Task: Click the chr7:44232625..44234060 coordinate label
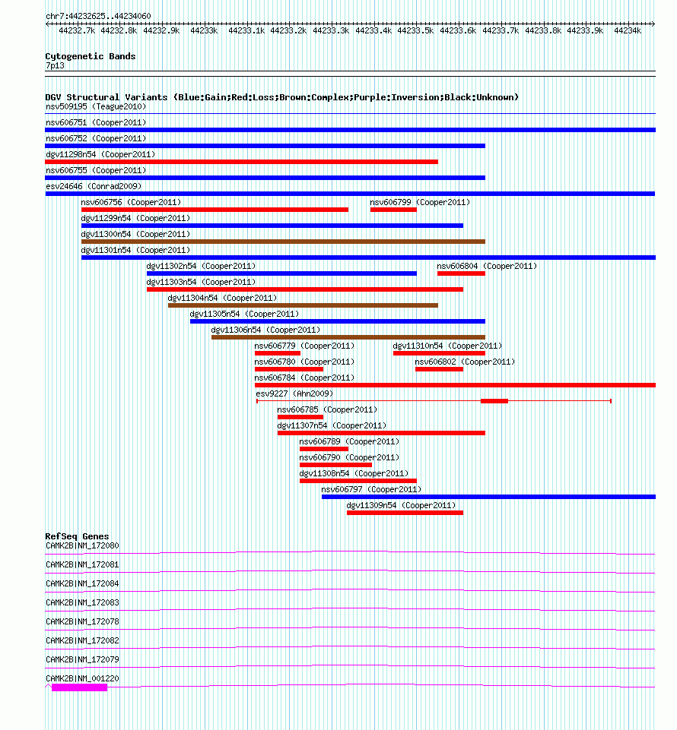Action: pyautogui.click(x=98, y=16)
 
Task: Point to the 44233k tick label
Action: pyautogui.click(x=204, y=31)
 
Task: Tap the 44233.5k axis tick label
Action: pyautogui.click(x=415, y=31)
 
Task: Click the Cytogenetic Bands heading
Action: pyautogui.click(x=91, y=56)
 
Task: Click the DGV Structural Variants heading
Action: pyautogui.click(x=281, y=97)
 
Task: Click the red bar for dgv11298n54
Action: pyautogui.click(x=241, y=162)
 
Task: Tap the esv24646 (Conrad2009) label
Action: pyautogui.click(x=94, y=186)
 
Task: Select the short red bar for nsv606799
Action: pyautogui.click(x=393, y=210)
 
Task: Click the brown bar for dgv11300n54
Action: pyautogui.click(x=283, y=242)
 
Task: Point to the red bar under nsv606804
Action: pyautogui.click(x=461, y=273)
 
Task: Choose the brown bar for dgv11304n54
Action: pyautogui.click(x=303, y=305)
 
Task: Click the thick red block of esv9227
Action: pyautogui.click(x=494, y=400)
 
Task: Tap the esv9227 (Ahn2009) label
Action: pyautogui.click(x=294, y=393)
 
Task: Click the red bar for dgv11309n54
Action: pyautogui.click(x=405, y=513)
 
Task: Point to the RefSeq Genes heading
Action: pyautogui.click(x=77, y=536)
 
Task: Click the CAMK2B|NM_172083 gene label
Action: pyautogui.click(x=82, y=602)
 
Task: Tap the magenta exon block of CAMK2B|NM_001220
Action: pyautogui.click(x=79, y=687)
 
